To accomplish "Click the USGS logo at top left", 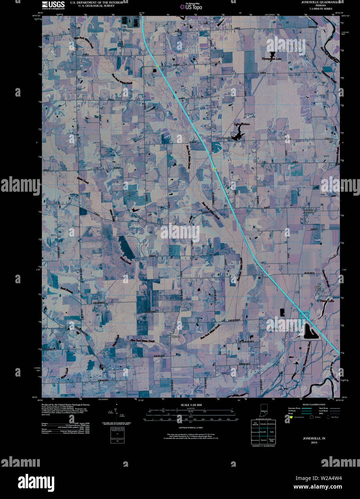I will (x=53, y=5).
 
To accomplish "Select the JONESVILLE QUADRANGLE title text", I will (x=318, y=2).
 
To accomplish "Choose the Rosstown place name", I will (x=216, y=62).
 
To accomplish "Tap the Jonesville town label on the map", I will (x=311, y=211).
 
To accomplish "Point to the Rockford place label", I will (x=175, y=337).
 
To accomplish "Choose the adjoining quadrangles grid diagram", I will (x=263, y=432).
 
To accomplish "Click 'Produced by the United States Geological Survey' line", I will (x=65, y=405).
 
